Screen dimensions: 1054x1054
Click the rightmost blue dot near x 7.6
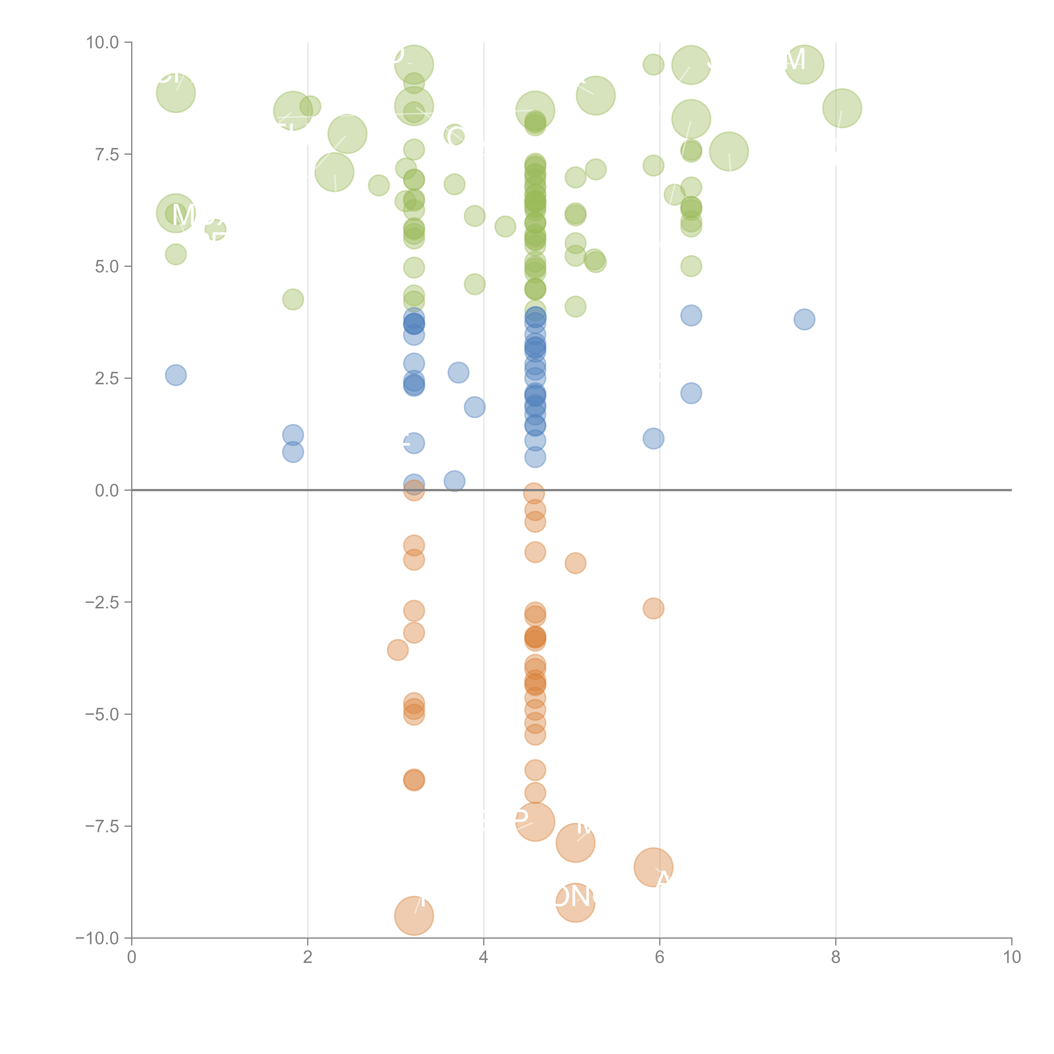coord(804,319)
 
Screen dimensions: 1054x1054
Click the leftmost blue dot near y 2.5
coord(176,375)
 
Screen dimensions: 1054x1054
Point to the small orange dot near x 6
coord(653,608)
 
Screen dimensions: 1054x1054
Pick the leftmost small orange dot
coord(398,650)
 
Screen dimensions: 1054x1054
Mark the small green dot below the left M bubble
coord(176,254)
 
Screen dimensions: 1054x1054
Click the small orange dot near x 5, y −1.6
coord(575,563)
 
